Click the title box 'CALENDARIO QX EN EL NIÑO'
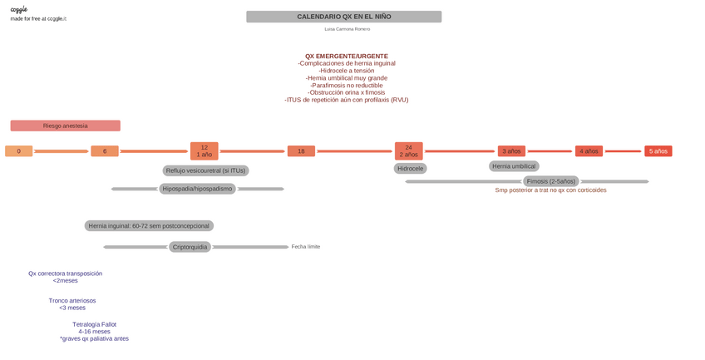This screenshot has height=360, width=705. click(x=343, y=17)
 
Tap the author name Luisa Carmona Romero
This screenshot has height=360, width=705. click(x=347, y=29)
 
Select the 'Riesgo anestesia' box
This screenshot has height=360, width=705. click(x=65, y=126)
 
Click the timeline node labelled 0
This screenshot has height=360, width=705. click(x=19, y=151)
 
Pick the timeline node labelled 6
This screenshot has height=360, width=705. click(x=105, y=151)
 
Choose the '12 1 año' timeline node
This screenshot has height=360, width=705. click(x=204, y=150)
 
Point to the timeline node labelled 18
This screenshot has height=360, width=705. click(x=301, y=151)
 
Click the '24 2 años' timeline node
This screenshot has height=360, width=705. click(x=408, y=150)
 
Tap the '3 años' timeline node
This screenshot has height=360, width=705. click(x=511, y=151)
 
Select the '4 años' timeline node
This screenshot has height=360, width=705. click(x=589, y=151)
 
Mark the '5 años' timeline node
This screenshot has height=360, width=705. click(x=658, y=151)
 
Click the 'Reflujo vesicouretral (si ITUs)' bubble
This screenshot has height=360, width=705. click(x=205, y=170)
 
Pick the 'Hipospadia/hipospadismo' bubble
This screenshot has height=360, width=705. click(x=197, y=189)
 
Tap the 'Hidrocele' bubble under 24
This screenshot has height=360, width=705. click(x=410, y=168)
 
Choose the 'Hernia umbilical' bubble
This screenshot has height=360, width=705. click(x=514, y=166)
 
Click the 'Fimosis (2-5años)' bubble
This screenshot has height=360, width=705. click(x=550, y=181)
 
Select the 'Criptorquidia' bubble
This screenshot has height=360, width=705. click(x=190, y=247)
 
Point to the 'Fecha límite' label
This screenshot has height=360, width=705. click(x=305, y=247)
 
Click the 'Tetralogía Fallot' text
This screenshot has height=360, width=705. click(x=94, y=324)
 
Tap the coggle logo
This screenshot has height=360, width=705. click(x=18, y=9)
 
